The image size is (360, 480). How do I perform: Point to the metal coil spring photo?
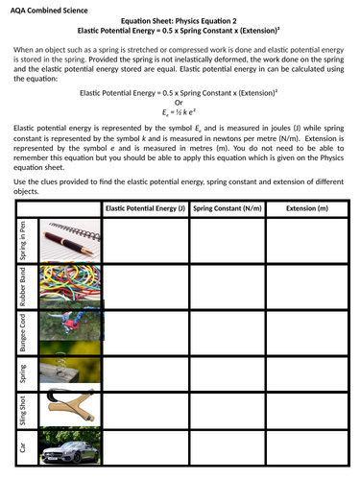click(x=68, y=368)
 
